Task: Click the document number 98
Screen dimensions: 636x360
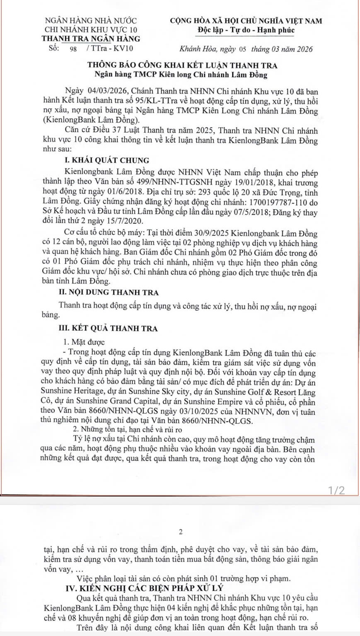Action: pyautogui.click(x=74, y=49)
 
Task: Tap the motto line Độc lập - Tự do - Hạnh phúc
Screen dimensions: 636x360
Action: pyautogui.click(x=246, y=30)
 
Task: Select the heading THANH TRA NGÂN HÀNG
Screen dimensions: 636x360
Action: pyautogui.click(x=91, y=39)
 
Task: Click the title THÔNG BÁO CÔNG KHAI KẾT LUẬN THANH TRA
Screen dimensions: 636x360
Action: pyautogui.click(x=182, y=65)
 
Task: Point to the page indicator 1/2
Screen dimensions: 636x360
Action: pyautogui.click(x=336, y=490)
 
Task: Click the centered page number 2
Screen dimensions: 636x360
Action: pyautogui.click(x=180, y=532)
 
